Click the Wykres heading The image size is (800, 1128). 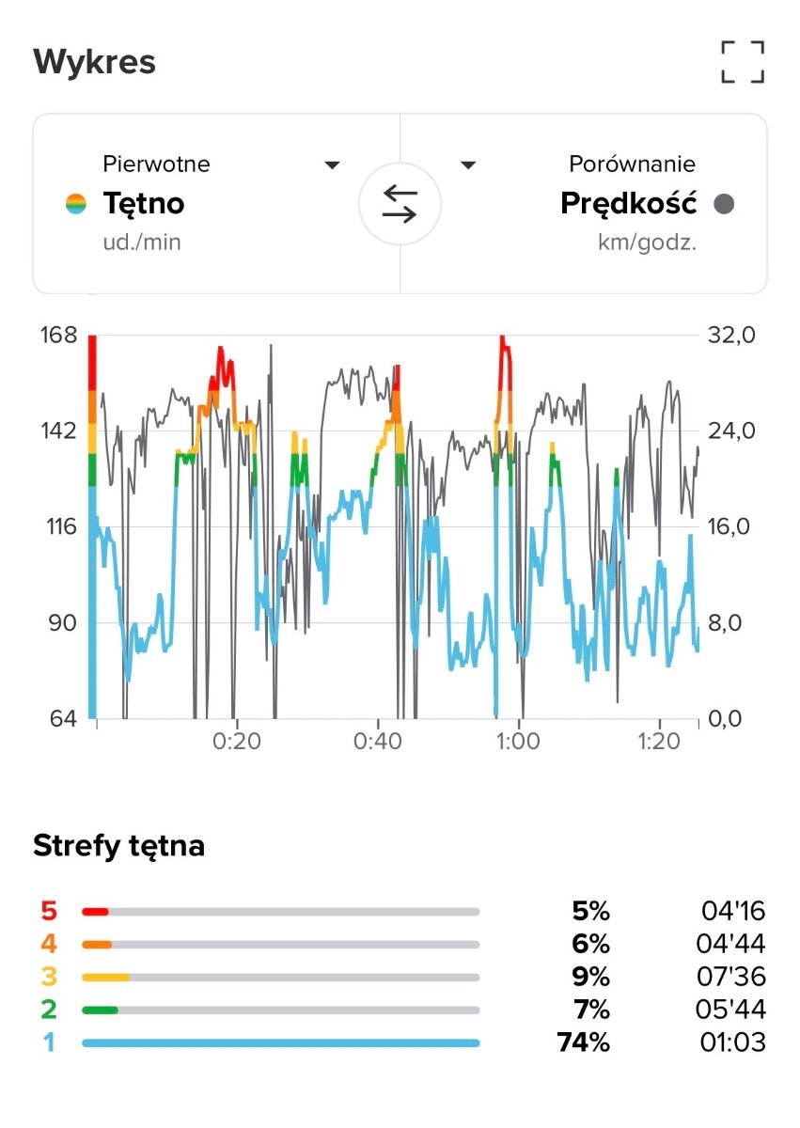[94, 63]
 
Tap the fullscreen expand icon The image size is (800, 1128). [743, 62]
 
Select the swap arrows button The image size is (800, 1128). [400, 204]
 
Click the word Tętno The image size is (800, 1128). [144, 203]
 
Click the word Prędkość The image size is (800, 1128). [628, 203]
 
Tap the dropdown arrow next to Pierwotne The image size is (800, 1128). [332, 165]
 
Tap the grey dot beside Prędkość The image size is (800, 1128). [724, 204]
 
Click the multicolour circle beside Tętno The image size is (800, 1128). [76, 204]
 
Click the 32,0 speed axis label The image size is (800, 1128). [729, 336]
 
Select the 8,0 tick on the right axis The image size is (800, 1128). [729, 622]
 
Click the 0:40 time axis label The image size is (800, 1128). [378, 741]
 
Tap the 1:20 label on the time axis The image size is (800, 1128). [658, 741]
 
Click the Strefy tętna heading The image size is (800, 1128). [118, 846]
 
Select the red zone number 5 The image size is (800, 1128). [48, 911]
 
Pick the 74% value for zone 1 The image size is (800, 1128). [583, 1042]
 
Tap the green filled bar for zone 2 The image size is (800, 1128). [100, 1010]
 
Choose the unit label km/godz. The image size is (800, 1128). [647, 243]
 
